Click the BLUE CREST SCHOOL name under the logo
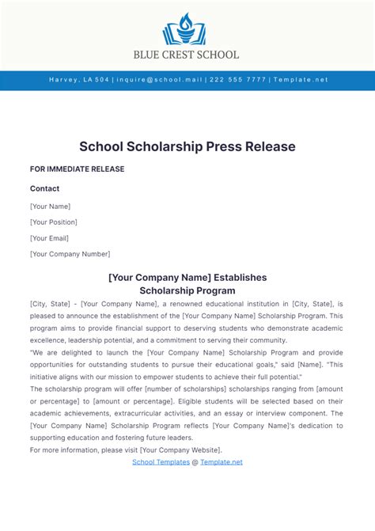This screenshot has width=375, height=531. tap(187, 55)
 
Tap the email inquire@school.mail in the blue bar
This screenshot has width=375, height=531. tap(161, 80)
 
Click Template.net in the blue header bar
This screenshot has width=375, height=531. tap(300, 80)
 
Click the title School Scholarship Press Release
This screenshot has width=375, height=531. tap(187, 146)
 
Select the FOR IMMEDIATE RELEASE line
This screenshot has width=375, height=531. tap(77, 169)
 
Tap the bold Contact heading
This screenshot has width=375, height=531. tap(44, 188)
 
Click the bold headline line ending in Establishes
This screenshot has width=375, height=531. tap(187, 277)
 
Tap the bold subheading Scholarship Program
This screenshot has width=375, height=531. tap(187, 290)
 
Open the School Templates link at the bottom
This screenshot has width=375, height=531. tap(161, 462)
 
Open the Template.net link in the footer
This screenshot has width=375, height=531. tap(222, 462)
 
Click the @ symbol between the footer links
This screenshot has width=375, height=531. tap(195, 462)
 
